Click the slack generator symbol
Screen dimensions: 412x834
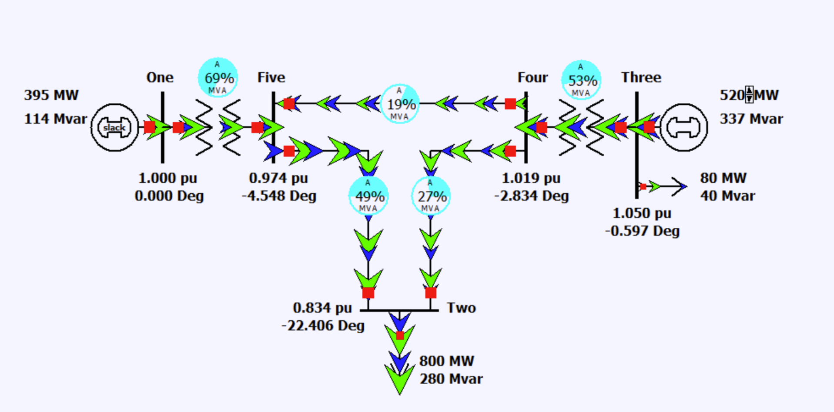click(x=114, y=127)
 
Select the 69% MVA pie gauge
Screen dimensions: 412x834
click(x=218, y=78)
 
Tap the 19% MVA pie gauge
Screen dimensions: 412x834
click(x=400, y=104)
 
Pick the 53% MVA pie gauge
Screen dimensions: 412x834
click(x=581, y=80)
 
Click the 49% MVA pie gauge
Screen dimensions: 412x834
click(x=368, y=196)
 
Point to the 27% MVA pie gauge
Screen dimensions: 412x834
click(x=431, y=196)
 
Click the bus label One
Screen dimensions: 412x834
click(x=160, y=77)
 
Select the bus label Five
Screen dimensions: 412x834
click(x=271, y=77)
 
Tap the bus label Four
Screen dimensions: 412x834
click(x=533, y=77)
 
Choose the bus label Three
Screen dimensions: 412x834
click(x=641, y=77)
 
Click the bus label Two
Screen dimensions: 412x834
click(x=461, y=308)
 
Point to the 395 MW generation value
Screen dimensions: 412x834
click(x=51, y=95)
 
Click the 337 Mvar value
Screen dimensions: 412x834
click(x=751, y=119)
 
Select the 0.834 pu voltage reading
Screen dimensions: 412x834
click(x=322, y=308)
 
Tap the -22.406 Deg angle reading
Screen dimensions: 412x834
click(x=323, y=326)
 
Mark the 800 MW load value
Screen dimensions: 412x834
click(x=446, y=361)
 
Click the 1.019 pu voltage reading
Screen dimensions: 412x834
click(x=531, y=178)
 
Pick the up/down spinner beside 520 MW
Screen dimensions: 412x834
click(x=749, y=95)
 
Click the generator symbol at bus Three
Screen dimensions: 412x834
click(x=684, y=127)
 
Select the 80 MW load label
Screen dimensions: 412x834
click(x=723, y=178)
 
